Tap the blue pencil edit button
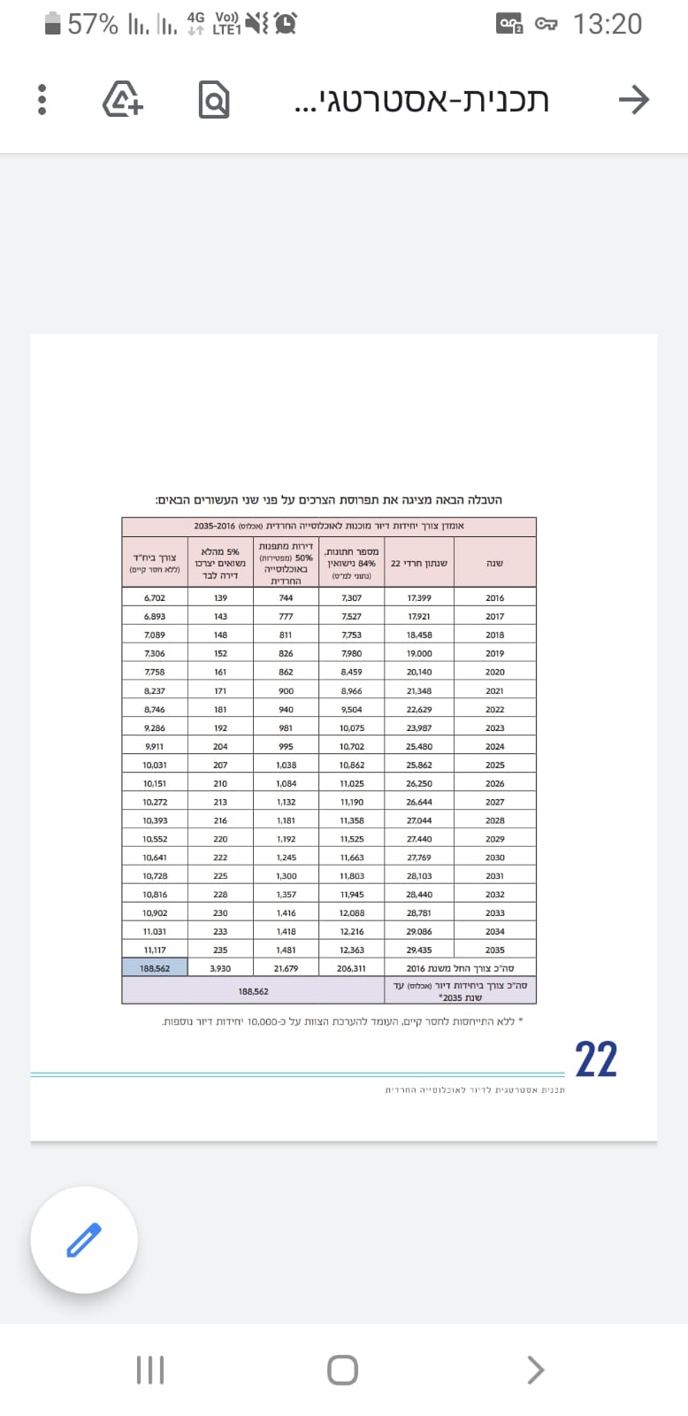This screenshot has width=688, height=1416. pos(84,1240)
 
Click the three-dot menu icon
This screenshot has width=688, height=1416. pos(42,100)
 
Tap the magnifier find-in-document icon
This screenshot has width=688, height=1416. pos(213,100)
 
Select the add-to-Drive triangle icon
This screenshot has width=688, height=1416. pos(123,99)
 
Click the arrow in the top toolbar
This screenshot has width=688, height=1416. pos(633,100)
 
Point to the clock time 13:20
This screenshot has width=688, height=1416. pos(607,24)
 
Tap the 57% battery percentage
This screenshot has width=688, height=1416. pos(92,24)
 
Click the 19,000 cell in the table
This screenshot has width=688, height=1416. pos(419,653)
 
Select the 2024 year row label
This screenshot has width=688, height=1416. pos(494,746)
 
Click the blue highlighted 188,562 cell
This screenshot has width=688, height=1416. pos(155,968)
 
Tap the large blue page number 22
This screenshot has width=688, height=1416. pos(595,1059)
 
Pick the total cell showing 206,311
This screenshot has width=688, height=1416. pos(351,968)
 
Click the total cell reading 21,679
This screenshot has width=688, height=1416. pos(286,968)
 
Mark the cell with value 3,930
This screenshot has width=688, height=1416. pos(220,968)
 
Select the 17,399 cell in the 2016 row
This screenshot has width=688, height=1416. pos(419,598)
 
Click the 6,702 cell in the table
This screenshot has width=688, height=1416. pos(155,598)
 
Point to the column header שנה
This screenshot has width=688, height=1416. pos(494,563)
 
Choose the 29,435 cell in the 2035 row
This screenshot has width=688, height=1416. pos(419,950)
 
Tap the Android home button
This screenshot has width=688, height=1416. pos(342,1370)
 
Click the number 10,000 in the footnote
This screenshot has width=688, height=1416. pos(263,1021)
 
